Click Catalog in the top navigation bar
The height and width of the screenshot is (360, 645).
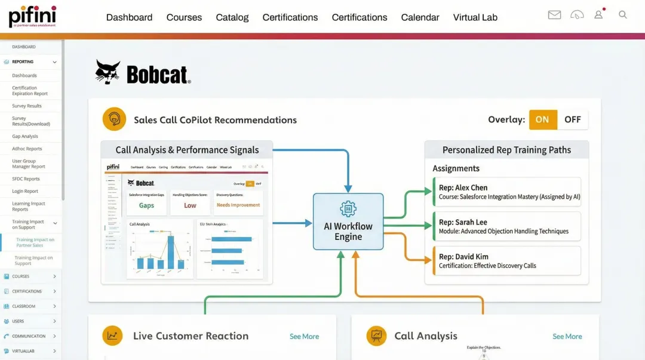[232, 17]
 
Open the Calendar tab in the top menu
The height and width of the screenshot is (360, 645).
[420, 17]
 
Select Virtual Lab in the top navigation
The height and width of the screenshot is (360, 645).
[475, 17]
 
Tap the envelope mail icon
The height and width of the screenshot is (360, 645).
[554, 15]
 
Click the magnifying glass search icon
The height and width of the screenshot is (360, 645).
[623, 15]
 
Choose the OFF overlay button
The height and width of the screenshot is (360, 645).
[572, 119]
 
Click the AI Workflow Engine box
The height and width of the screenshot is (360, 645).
[348, 221]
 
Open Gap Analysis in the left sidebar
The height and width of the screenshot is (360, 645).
[25, 137]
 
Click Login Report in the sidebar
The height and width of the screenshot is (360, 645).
[25, 192]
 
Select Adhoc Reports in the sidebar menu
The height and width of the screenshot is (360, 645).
[27, 149]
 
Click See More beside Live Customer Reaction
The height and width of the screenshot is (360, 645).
[304, 337]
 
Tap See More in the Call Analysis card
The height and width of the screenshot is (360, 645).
[567, 337]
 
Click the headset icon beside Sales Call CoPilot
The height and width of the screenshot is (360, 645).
[114, 119]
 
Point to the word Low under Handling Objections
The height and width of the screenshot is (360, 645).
[190, 205]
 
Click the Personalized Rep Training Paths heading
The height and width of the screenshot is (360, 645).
[506, 150]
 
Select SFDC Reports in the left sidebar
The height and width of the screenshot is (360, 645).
[26, 179]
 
